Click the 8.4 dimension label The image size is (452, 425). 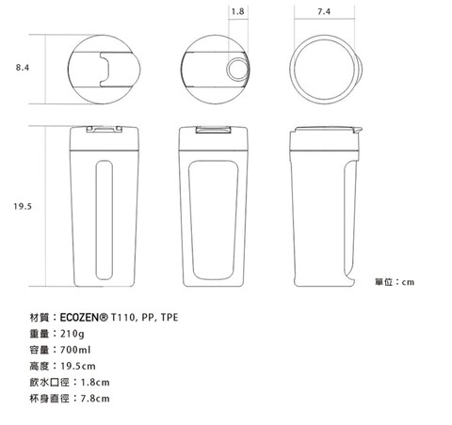click(x=23, y=68)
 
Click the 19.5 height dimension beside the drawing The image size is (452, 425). click(x=23, y=206)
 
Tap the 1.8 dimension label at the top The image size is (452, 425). click(x=237, y=11)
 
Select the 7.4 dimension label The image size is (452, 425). click(x=324, y=11)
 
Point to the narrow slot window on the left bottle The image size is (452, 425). click(x=104, y=220)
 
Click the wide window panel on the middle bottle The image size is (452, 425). click(x=213, y=220)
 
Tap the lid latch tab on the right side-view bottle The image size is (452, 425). click(x=358, y=129)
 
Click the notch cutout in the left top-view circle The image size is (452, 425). click(x=105, y=69)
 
